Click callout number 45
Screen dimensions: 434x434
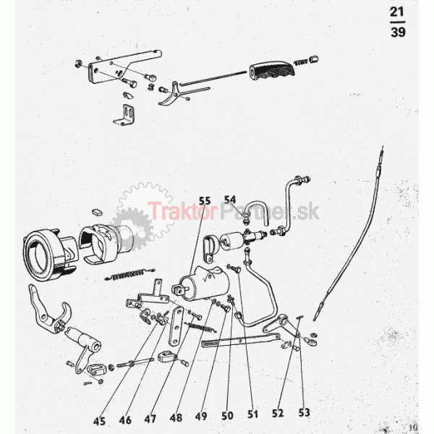pyautogui.click(x=99, y=421)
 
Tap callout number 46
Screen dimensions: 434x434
pyautogui.click(x=125, y=420)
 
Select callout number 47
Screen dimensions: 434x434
pyautogui.click(x=150, y=419)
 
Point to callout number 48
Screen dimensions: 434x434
pyautogui.click(x=176, y=417)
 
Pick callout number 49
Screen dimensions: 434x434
pyautogui.click(x=201, y=416)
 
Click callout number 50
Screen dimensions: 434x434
pyautogui.click(x=227, y=415)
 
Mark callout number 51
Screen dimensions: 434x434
pyautogui.click(x=252, y=414)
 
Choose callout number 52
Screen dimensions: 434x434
pyautogui.click(x=278, y=413)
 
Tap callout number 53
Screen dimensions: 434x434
pyautogui.click(x=304, y=412)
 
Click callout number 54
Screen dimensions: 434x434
pyautogui.click(x=230, y=200)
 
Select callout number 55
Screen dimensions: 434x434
pyautogui.click(x=205, y=200)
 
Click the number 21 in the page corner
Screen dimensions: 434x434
pyautogui.click(x=397, y=12)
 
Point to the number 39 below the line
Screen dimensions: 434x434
pyautogui.click(x=398, y=32)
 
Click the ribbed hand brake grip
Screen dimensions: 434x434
pyautogui.click(x=272, y=69)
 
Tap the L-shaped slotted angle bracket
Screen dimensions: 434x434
pyautogui.click(x=124, y=114)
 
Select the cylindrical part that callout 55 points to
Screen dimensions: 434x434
pyautogui.click(x=202, y=283)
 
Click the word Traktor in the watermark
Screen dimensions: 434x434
pyautogui.click(x=182, y=211)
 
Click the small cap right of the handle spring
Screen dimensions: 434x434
pyautogui.click(x=314, y=59)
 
